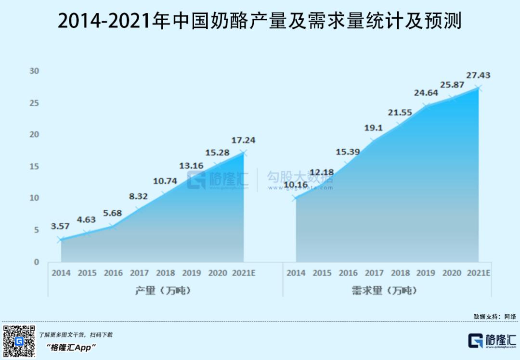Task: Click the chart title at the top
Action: tap(260, 22)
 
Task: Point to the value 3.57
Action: tap(60, 226)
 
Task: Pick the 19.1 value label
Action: tap(373, 129)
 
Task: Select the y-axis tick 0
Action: tap(36, 262)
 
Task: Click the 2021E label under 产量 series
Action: tap(243, 273)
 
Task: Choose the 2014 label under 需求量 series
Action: tap(296, 273)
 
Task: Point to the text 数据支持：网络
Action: tap(494, 316)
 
